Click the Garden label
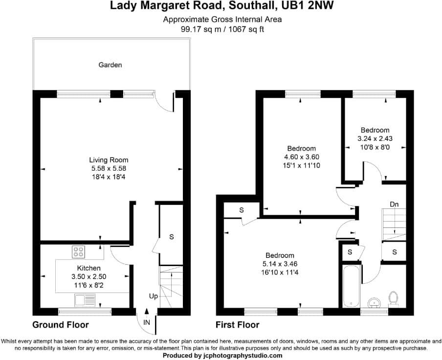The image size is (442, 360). point(110,65)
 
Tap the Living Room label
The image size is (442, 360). point(109,160)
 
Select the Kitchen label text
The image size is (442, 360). point(89,268)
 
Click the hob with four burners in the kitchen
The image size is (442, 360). point(78,252)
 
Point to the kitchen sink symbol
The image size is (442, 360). point(85,299)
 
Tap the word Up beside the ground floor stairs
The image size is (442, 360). point(154,297)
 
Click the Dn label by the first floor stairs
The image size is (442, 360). point(394,204)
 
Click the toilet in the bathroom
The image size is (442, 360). point(393,297)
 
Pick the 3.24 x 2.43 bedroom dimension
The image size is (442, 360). point(375,138)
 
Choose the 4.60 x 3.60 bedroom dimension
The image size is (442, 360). point(301,157)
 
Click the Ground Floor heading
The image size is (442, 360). point(61,325)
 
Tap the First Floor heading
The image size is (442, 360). point(238,325)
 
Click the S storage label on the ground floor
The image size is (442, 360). point(172,237)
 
